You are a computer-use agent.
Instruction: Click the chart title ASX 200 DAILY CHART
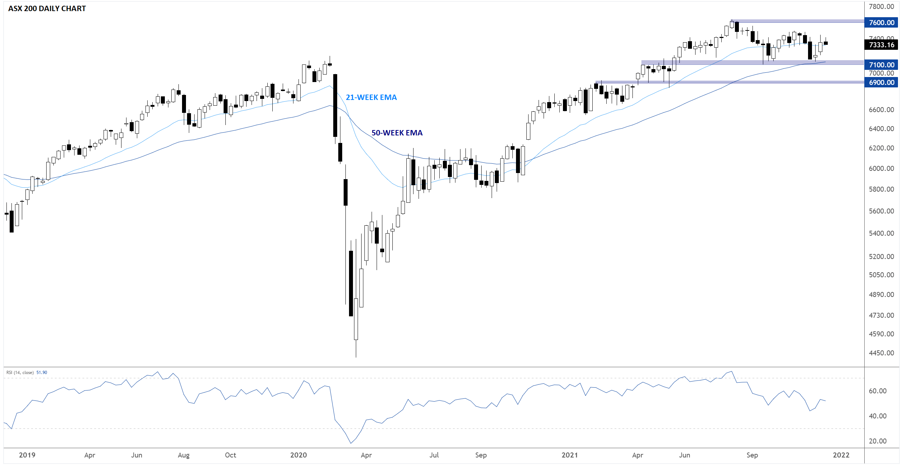pos(47,9)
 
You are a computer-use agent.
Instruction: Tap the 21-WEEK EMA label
pos(371,97)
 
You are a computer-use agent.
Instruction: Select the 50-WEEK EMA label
pos(397,133)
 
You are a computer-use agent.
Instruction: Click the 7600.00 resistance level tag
pos(881,23)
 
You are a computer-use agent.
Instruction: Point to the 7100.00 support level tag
pos(881,65)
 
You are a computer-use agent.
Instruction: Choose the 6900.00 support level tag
pos(881,82)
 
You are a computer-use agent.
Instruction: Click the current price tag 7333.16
pos(881,45)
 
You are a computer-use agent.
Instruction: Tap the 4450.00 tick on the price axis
pos(881,353)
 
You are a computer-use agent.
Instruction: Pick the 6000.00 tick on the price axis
pos(881,168)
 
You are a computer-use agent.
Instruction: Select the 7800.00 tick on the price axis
pos(881,6)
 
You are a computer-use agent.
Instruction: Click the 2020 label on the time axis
pos(298,455)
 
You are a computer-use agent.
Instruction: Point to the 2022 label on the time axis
pos(841,455)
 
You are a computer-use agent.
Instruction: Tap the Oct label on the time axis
pos(230,455)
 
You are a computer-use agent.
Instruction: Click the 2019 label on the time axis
pos(27,455)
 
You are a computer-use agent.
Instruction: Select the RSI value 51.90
pos(42,373)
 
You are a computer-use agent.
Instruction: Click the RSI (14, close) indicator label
pos(20,373)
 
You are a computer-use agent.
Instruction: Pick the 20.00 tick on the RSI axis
pos(878,441)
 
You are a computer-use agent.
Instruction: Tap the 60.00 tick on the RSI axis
pos(878,391)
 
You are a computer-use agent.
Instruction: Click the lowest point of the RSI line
pos(351,443)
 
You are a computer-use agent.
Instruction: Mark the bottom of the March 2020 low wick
pos(356,357)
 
